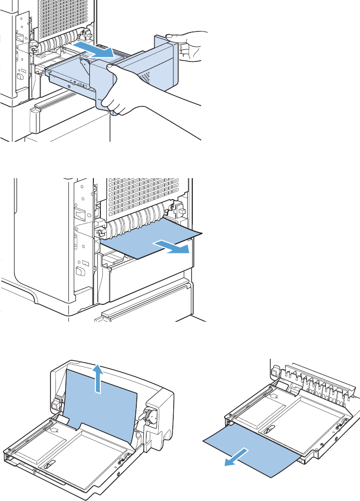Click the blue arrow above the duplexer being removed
tap(95, 49)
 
